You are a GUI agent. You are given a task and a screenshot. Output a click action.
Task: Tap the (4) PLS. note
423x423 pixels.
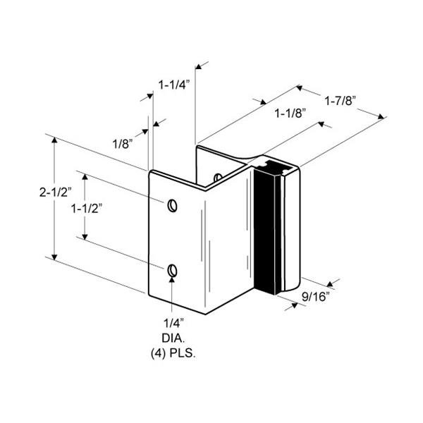tap(173, 352)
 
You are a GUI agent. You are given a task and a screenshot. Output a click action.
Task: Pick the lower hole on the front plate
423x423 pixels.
tap(173, 271)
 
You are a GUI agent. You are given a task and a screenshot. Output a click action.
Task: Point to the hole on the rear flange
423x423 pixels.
tap(218, 177)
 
